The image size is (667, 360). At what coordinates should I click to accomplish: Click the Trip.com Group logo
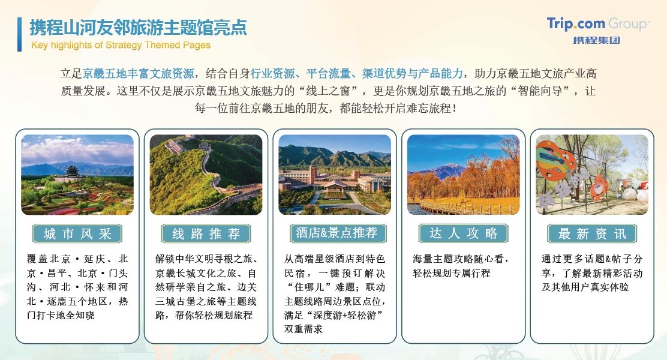[x=597, y=30]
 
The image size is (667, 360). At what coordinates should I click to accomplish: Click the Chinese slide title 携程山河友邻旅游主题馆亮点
[x=138, y=28]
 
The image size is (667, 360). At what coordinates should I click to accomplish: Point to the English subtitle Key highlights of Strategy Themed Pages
[x=121, y=45]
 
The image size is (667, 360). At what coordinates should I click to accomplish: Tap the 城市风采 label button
[x=77, y=233]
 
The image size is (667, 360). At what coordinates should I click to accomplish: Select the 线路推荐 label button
[x=206, y=233]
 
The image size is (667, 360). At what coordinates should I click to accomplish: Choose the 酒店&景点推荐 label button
[x=336, y=233]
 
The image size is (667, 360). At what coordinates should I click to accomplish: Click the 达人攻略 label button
[x=463, y=233]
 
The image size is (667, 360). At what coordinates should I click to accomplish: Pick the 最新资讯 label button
[x=591, y=233]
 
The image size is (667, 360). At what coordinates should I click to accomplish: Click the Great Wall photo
[x=206, y=175]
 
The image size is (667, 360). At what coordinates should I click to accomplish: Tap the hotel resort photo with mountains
[x=335, y=175]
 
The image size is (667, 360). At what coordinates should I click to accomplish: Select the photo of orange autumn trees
[x=463, y=175]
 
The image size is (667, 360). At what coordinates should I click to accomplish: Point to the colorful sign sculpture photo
[x=591, y=175]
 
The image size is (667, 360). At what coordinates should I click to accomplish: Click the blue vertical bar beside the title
[x=19, y=34]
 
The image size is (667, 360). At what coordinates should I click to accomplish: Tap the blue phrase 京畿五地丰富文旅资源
[x=138, y=74]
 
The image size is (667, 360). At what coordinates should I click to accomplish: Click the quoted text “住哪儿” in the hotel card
[x=308, y=287]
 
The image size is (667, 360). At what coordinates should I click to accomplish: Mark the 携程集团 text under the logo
[x=596, y=40]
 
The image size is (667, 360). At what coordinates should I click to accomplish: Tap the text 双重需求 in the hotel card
[x=304, y=329]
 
